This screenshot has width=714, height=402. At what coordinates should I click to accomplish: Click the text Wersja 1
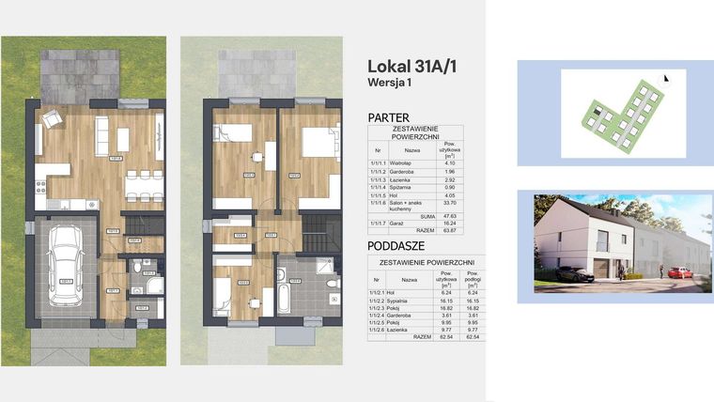pyautogui.click(x=393, y=82)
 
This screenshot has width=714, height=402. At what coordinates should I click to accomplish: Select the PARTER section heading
pyautogui.click(x=388, y=117)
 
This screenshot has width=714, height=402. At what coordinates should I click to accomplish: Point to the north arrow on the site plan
pyautogui.click(x=666, y=80)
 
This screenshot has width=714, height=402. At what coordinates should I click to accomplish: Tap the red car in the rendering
pyautogui.click(x=680, y=272)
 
